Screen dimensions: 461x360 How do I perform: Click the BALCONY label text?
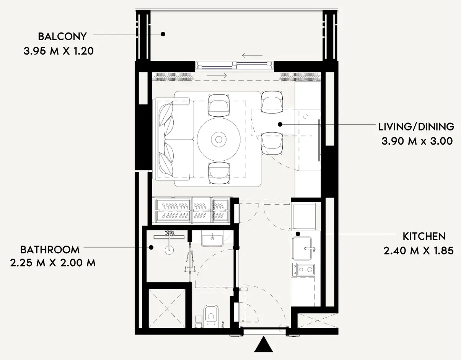pos(62,36)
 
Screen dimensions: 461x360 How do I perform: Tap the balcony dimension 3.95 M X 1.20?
pos(59,51)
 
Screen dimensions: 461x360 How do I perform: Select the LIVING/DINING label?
pos(416,127)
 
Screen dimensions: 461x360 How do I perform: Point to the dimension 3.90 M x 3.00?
pos(417,141)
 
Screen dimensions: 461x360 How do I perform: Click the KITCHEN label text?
pos(424,236)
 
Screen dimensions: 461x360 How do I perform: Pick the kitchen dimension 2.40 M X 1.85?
pos(419,251)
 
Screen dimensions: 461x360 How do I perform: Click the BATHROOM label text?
pos(50,250)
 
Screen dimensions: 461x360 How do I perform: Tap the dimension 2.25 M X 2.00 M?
pos(53,263)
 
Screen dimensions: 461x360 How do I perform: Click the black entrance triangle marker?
pos(264,344)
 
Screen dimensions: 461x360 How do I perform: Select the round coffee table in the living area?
pos(219,140)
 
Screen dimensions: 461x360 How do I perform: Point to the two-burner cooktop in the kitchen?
pos(304,270)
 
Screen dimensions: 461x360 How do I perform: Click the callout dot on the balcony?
pos(163,34)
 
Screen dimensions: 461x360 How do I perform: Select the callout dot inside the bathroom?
pos(151,248)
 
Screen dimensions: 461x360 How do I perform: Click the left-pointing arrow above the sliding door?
pos(252,56)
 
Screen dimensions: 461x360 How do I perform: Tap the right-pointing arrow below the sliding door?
pos(217,75)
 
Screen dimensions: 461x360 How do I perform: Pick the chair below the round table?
pos(219,173)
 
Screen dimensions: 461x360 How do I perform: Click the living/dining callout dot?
pos(280,124)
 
